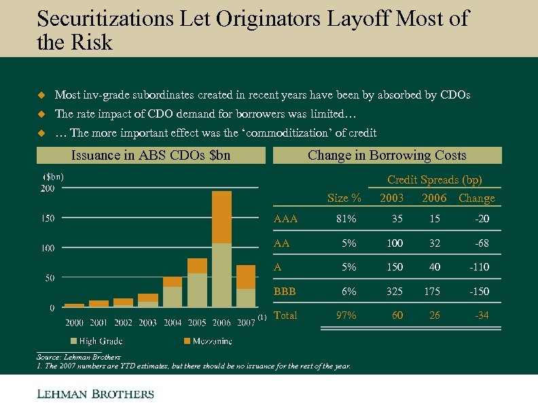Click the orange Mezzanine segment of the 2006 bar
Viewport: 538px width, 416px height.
click(221, 217)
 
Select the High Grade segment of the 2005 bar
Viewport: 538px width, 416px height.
click(197, 290)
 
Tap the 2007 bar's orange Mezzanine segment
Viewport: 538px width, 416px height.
click(246, 277)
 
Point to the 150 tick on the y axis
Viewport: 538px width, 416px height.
click(47, 218)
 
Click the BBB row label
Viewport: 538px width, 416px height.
click(285, 291)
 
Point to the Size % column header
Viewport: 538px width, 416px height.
click(344, 198)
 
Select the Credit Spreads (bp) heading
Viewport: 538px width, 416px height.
click(434, 180)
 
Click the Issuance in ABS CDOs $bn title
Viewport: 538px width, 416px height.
click(151, 156)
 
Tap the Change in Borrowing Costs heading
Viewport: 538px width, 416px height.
click(387, 156)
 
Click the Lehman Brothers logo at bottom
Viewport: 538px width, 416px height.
click(94, 394)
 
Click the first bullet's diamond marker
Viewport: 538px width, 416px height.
click(41, 95)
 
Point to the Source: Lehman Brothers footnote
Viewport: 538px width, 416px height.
click(78, 356)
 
